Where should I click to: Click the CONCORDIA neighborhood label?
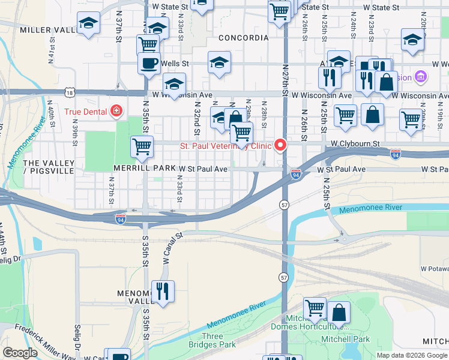coord(243,38)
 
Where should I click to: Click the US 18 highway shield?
coord(71,92)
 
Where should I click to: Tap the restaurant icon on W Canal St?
coord(163,291)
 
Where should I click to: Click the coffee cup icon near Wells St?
coord(149,62)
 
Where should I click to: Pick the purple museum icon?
coord(421,77)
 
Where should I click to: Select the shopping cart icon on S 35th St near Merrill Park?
coord(142,146)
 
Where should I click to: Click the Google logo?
coord(20,353)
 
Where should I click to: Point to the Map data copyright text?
coord(411,355)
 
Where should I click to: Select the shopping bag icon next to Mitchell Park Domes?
coord(339,312)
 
